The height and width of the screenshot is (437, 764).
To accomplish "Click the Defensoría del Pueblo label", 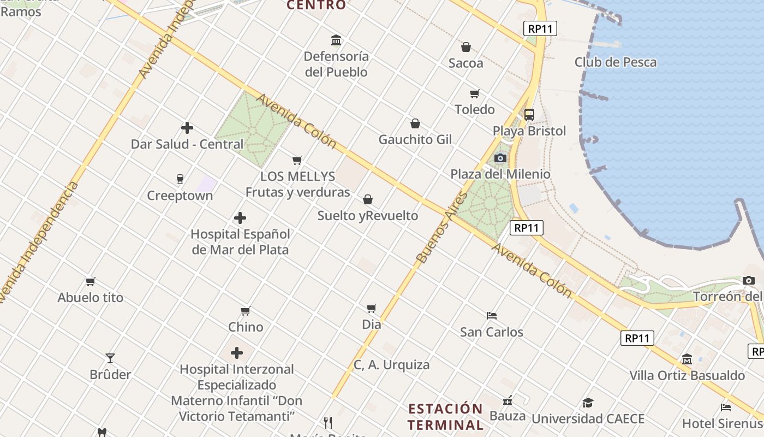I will [x=336, y=64].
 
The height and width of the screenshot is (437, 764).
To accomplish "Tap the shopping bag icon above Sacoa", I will [x=466, y=47].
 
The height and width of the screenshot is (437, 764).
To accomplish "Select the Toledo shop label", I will [x=475, y=109].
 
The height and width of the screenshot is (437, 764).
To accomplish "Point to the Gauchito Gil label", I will [x=415, y=139].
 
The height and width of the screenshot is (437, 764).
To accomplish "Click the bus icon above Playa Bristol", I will [x=529, y=115].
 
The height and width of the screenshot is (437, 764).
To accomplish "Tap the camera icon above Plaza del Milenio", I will [x=500, y=158].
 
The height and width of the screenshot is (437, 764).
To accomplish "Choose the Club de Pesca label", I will [x=616, y=62].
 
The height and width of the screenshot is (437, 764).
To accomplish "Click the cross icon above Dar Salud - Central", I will [x=187, y=128].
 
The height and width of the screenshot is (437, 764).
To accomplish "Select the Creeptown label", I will [x=180, y=196].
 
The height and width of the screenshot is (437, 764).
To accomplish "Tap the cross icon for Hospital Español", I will [x=240, y=218].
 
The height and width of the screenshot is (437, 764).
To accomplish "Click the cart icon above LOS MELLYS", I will [x=297, y=160].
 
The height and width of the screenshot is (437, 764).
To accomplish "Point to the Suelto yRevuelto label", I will [x=368, y=216].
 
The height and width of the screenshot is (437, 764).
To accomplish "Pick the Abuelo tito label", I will [x=91, y=298].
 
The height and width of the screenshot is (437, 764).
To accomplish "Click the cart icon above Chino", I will [x=246, y=311].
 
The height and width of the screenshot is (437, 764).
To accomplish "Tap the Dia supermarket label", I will [x=372, y=324].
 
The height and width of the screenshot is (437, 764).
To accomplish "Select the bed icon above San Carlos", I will [x=492, y=315].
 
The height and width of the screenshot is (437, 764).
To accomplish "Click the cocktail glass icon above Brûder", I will [x=110, y=358].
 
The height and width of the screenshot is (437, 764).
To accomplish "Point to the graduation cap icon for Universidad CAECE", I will [x=588, y=403].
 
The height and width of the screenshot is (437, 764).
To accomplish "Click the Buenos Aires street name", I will [x=434, y=227].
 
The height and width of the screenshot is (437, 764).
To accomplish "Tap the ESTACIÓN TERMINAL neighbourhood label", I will [x=445, y=417].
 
